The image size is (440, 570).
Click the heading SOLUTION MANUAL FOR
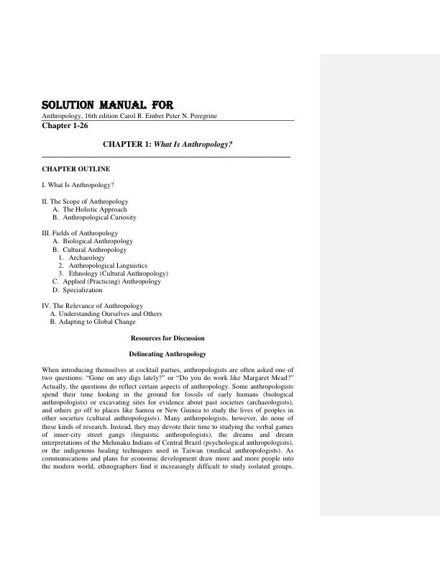click(x=107, y=105)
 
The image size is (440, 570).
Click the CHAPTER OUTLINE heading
click(x=76, y=168)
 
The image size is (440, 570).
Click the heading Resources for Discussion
click(x=168, y=338)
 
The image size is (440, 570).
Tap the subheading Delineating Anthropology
click(x=168, y=354)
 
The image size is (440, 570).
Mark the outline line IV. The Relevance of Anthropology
click(x=93, y=306)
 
